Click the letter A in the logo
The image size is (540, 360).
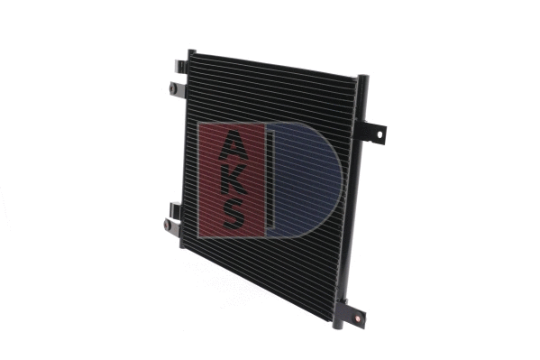coord(233,143)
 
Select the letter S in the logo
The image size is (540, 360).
coord(233,214)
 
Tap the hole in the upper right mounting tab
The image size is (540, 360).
coord(380,135)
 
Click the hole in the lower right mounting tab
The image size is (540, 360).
coord(360,318)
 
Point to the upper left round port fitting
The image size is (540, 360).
coord(174,88)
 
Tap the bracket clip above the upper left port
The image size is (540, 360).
coord(181,67)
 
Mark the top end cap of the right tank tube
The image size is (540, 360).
coord(363,79)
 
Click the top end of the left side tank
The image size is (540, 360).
coord(191,54)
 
